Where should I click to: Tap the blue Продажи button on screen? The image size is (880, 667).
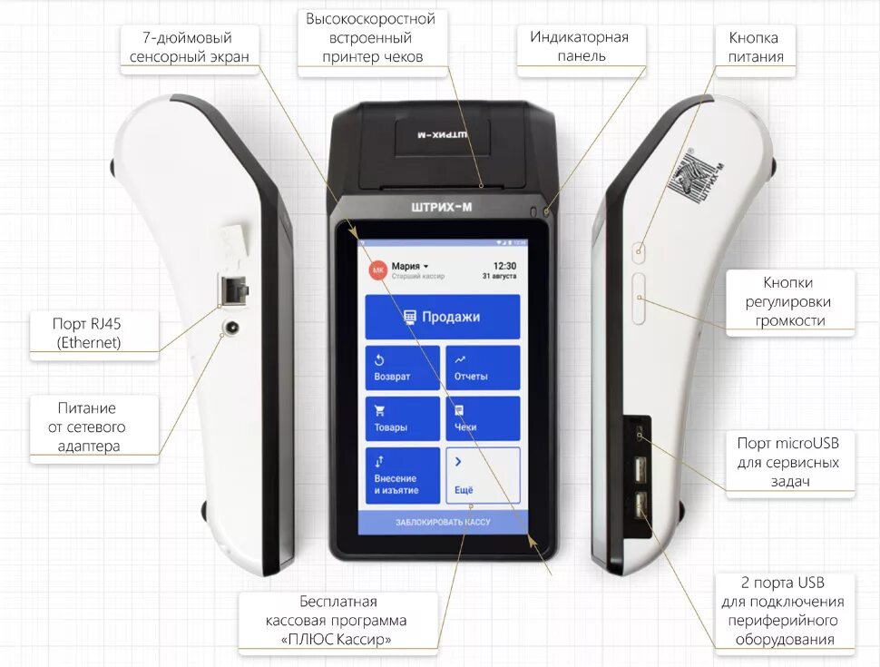coord(442,317)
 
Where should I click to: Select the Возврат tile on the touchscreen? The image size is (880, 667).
coord(402,368)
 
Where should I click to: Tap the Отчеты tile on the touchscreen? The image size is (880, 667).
coord(483,368)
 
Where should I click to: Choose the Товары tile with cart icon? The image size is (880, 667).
coord(402,418)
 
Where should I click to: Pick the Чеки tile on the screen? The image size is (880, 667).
coord(483,418)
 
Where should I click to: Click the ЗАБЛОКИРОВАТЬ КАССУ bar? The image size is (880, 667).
coord(442,523)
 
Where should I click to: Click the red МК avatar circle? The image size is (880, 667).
coord(378,270)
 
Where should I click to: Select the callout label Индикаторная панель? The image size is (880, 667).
coord(580,46)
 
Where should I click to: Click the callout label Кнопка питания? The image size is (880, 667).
coord(753,47)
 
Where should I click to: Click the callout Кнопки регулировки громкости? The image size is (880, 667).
coord(789,302)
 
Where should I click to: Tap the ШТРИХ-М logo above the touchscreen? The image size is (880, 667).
coord(442,207)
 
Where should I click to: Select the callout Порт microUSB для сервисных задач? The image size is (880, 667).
coord(788,462)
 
